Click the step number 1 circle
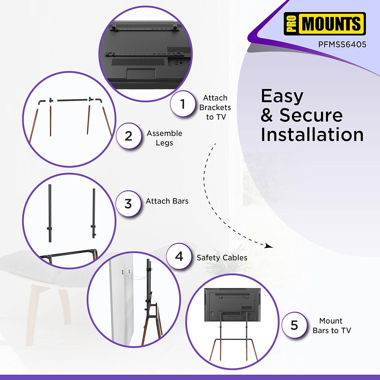pos(182,104)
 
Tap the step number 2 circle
pos(128,136)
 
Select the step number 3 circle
pos(128,204)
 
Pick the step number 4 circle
pos(179,256)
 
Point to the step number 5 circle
pos(294,325)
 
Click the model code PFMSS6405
pos(346,45)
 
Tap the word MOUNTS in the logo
pos(331,24)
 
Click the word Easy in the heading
pos(282,96)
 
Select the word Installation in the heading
pos(312,134)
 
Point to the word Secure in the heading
pos(311,115)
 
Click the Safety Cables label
pos(222,258)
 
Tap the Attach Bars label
pos(167,201)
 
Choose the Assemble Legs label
pos(164,138)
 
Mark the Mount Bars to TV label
pos(332,326)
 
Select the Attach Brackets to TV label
pos(215,107)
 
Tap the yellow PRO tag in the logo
pos(291,24)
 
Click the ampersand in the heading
pos(267,116)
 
